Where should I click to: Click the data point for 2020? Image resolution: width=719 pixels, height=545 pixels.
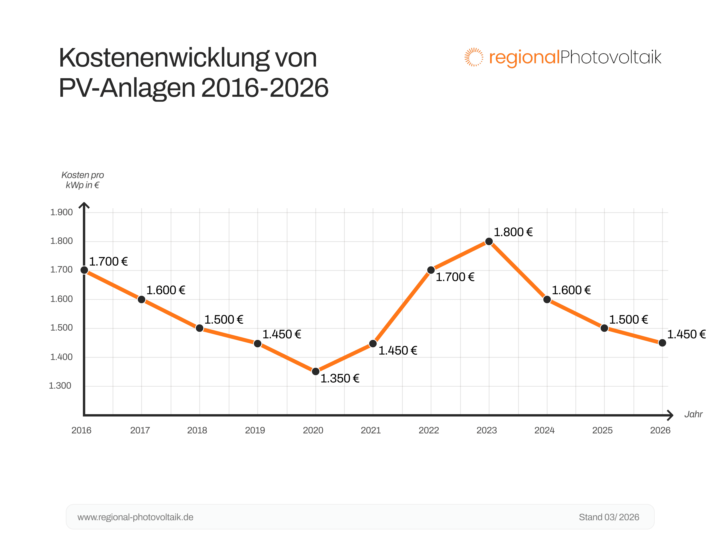pyautogui.click(x=315, y=371)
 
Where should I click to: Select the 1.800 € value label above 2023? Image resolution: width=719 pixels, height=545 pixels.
pyautogui.click(x=513, y=232)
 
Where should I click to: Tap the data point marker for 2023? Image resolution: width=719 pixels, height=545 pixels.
pyautogui.click(x=489, y=241)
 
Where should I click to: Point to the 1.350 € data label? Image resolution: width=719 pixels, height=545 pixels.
pyautogui.click(x=340, y=379)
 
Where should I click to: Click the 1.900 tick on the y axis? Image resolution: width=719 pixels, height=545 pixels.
pyautogui.click(x=62, y=212)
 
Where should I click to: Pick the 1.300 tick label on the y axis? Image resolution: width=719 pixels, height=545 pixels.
pyautogui.click(x=60, y=386)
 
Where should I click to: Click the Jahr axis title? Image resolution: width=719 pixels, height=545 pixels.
pyautogui.click(x=693, y=414)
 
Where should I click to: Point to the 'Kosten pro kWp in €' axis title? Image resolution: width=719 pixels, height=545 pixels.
pyautogui.click(x=83, y=180)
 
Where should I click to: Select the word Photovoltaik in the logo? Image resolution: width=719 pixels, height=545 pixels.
pyautogui.click(x=610, y=57)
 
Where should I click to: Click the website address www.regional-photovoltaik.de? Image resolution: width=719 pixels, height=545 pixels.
pyautogui.click(x=135, y=517)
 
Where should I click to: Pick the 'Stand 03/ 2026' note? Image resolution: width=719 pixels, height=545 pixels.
pyautogui.click(x=609, y=517)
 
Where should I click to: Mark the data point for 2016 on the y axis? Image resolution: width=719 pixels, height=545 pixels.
pyautogui.click(x=84, y=270)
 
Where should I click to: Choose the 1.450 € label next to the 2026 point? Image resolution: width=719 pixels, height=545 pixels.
pyautogui.click(x=686, y=334)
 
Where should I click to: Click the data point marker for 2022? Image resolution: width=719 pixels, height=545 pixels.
pyautogui.click(x=431, y=270)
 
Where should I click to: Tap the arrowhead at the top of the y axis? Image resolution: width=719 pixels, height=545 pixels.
pyautogui.click(x=84, y=205)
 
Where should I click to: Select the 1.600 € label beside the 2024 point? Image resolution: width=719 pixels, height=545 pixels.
pyautogui.click(x=571, y=290)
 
